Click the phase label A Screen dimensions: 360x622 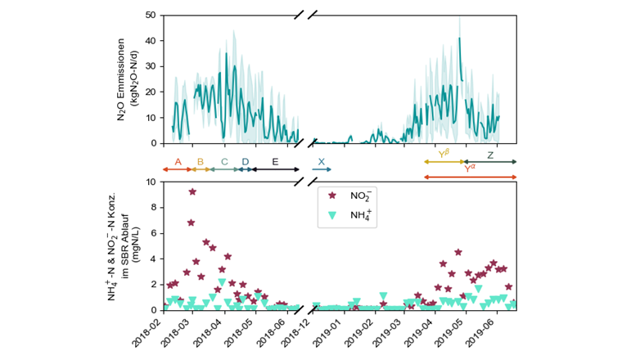(178, 162)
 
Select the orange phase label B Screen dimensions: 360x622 (201, 162)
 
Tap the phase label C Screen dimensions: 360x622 (224, 162)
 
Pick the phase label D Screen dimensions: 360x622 (245, 162)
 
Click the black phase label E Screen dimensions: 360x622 (275, 162)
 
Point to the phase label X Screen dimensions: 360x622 (321, 162)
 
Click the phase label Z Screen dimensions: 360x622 (490, 155)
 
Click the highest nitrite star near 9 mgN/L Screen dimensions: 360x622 (192, 192)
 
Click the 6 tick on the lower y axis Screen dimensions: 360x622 (153, 233)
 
